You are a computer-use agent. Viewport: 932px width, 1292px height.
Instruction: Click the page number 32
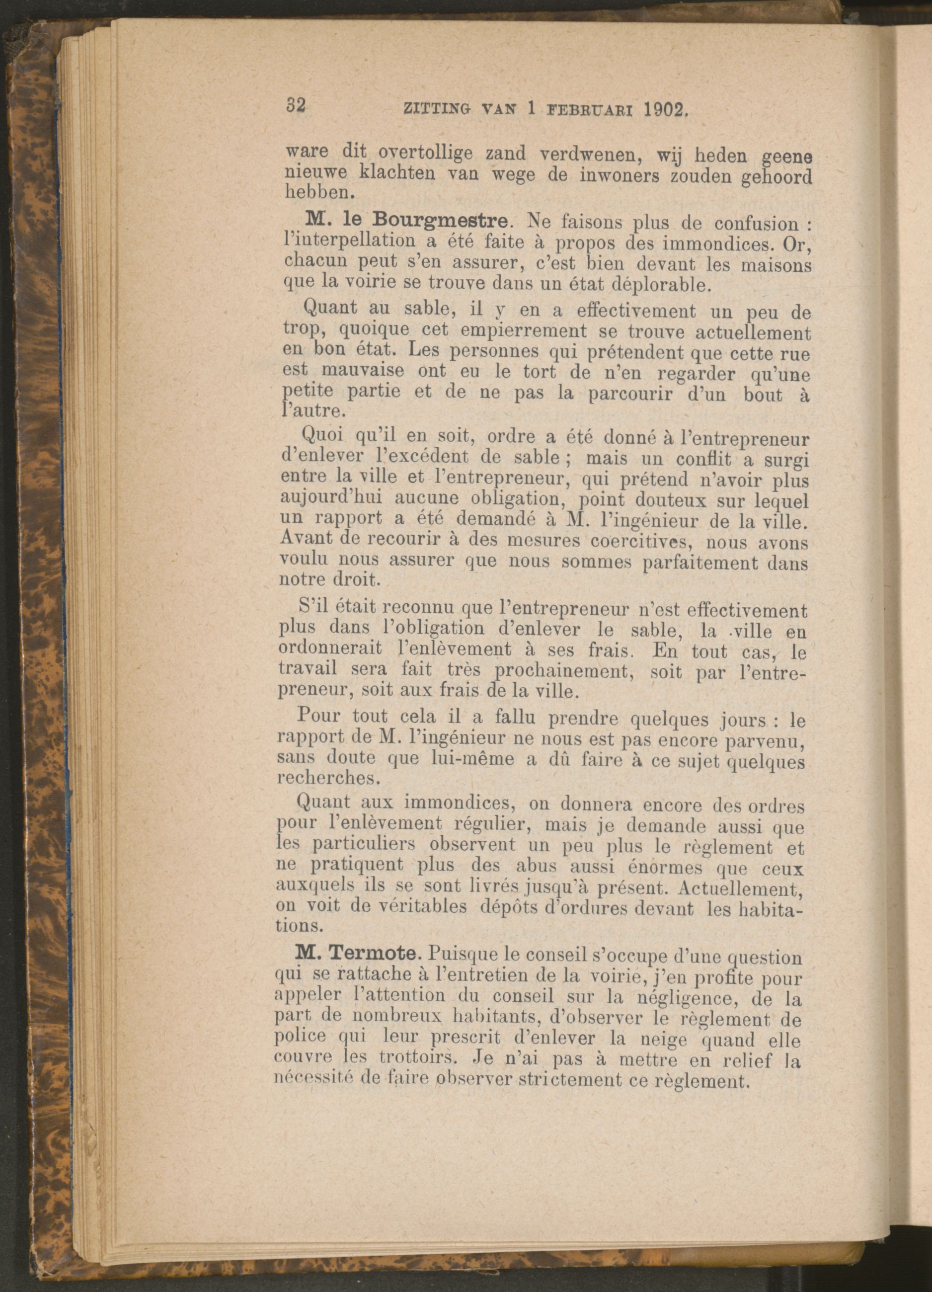click(x=296, y=106)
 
